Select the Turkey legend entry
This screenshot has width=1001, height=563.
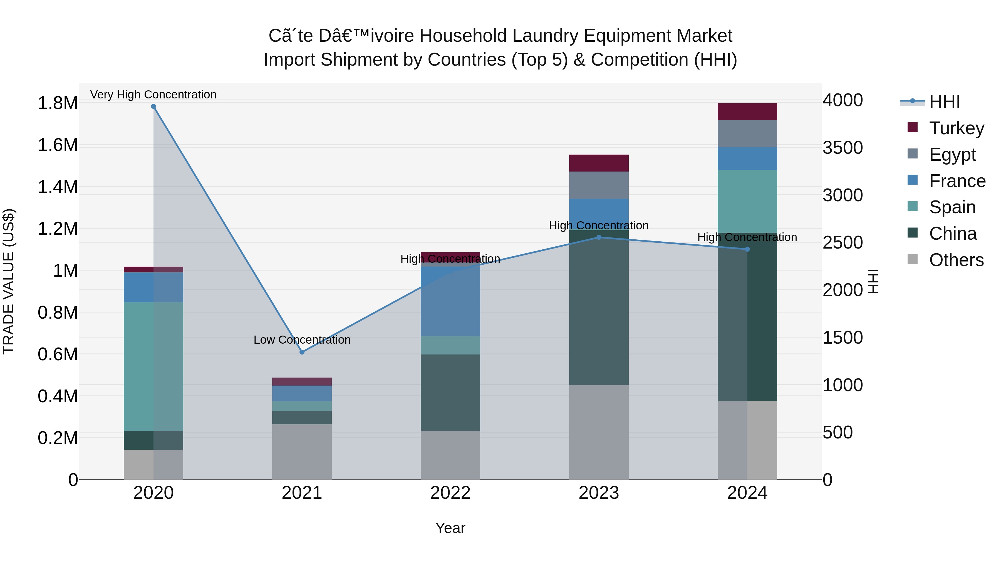click(x=956, y=128)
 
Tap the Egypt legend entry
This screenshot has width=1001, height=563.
click(x=952, y=155)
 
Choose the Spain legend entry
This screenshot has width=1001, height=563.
click(x=952, y=207)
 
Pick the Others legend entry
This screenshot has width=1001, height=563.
click(x=956, y=260)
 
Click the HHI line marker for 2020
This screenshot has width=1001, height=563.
click(x=153, y=106)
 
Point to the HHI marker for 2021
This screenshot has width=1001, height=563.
click(x=302, y=352)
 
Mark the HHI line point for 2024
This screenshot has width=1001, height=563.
click(x=747, y=249)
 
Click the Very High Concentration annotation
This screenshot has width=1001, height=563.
click(x=153, y=95)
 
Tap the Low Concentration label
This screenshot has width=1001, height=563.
click(x=302, y=339)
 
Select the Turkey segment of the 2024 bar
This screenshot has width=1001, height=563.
click(x=747, y=111)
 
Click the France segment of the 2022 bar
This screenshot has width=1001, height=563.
click(x=450, y=301)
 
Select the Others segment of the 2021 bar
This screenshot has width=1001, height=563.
click(x=302, y=452)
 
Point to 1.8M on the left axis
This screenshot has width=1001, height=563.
click(x=58, y=103)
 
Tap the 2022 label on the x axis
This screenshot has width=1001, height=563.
click(x=450, y=493)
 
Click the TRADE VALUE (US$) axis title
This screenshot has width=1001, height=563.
click(x=9, y=281)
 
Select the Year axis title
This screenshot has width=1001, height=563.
click(x=450, y=528)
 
